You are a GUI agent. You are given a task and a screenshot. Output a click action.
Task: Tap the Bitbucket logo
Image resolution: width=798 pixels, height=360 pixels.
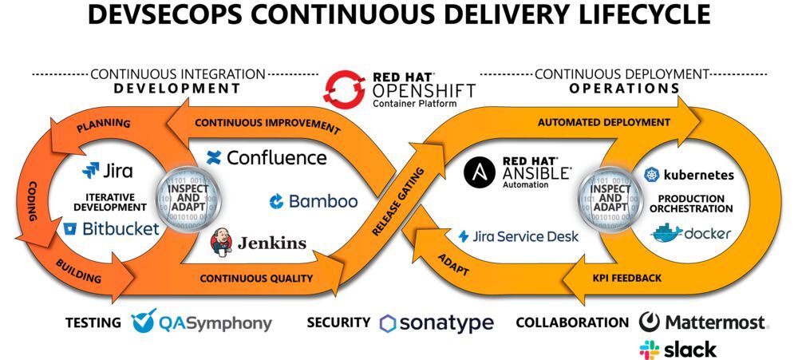(x=111, y=229)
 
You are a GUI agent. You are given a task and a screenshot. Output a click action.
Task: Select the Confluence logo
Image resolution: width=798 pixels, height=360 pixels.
(x=267, y=157)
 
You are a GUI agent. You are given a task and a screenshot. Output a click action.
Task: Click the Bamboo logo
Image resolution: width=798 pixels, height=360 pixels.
(x=314, y=201)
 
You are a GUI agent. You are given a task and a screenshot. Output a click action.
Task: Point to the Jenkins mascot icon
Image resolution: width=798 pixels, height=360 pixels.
(x=222, y=243)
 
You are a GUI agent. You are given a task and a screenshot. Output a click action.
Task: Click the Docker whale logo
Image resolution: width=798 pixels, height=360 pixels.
(x=691, y=233)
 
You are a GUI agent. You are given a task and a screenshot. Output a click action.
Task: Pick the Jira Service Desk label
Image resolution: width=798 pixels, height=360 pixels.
(x=519, y=236)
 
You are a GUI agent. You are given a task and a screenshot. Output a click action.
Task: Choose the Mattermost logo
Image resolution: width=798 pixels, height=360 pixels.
(x=703, y=322)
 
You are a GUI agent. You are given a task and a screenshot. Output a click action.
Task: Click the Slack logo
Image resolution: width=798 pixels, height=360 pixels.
(x=678, y=349)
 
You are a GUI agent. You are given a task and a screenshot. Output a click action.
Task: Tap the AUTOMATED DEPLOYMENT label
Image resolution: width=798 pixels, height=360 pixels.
(x=603, y=122)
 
